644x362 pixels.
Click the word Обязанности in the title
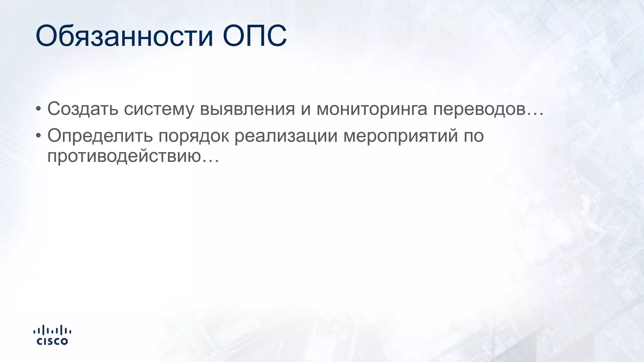(124, 36)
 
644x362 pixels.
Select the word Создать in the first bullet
(83, 109)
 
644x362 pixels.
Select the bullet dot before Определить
(38, 136)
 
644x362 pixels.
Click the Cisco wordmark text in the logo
(52, 341)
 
